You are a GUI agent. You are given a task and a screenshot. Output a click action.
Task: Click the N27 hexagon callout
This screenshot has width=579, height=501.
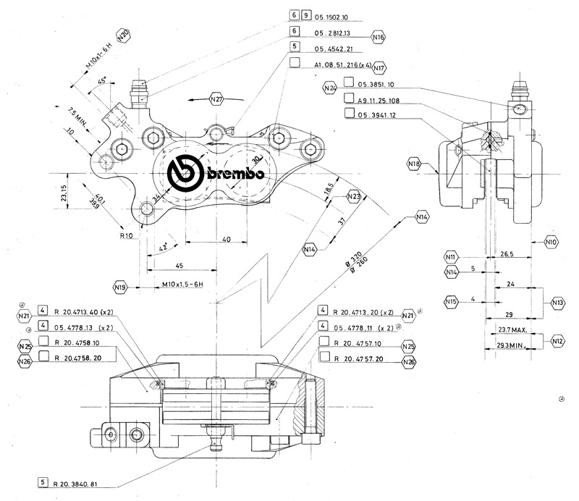[x=216, y=99]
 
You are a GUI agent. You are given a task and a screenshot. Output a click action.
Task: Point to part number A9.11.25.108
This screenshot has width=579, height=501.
[x=384, y=101]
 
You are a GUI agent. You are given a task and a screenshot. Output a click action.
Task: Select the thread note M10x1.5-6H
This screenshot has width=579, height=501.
[x=171, y=287]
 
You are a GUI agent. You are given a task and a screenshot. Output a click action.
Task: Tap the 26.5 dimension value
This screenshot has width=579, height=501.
[x=507, y=254]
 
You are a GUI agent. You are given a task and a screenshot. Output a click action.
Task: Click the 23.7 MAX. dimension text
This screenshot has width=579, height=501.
[x=512, y=330]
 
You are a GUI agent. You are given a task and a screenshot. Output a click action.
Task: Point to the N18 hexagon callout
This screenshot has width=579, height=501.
[x=414, y=164]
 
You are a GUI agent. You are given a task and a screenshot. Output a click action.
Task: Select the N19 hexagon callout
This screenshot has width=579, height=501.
[x=121, y=287]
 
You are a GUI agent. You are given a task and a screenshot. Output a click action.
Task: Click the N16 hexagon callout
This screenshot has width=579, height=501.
[x=378, y=35]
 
